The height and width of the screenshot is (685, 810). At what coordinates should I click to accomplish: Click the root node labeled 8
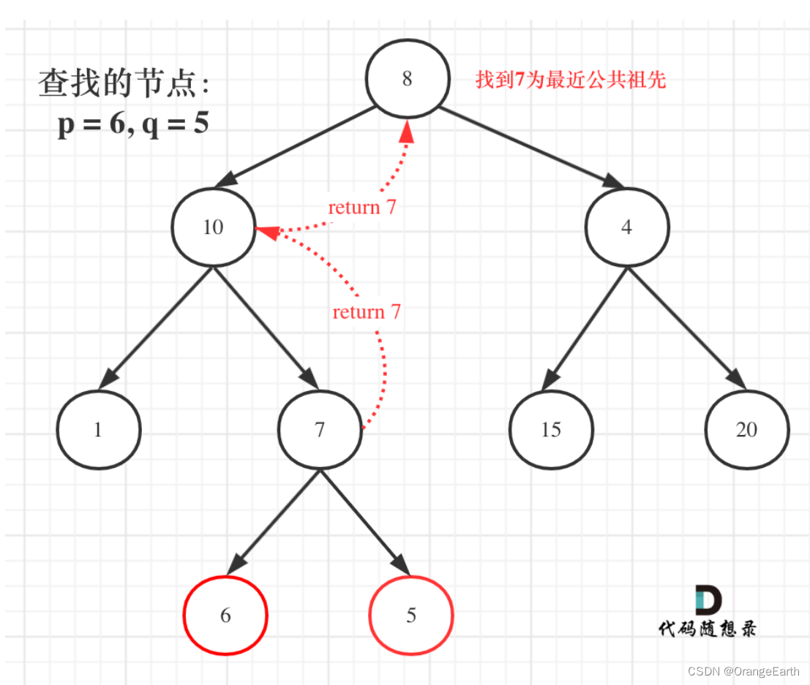(407, 79)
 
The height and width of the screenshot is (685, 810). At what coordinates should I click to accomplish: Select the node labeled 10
(213, 227)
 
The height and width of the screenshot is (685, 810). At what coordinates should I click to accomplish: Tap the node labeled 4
(626, 227)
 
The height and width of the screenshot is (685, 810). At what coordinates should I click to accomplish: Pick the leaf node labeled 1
(98, 430)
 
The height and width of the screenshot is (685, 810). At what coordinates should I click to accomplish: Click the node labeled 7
(320, 430)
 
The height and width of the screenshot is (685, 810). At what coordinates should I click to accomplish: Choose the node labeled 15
(551, 430)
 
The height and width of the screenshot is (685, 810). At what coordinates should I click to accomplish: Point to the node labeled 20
(746, 430)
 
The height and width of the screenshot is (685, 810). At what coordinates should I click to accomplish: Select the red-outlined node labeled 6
(225, 616)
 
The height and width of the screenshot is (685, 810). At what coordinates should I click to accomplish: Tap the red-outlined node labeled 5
(411, 616)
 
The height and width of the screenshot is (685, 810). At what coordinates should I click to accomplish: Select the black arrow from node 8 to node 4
(524, 144)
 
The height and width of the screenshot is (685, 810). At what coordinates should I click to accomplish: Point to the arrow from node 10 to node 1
(155, 328)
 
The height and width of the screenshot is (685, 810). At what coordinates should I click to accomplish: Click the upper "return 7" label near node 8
(362, 207)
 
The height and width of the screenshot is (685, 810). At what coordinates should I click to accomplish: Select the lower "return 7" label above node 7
(367, 312)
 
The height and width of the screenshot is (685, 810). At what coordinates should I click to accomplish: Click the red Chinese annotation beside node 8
(571, 80)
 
